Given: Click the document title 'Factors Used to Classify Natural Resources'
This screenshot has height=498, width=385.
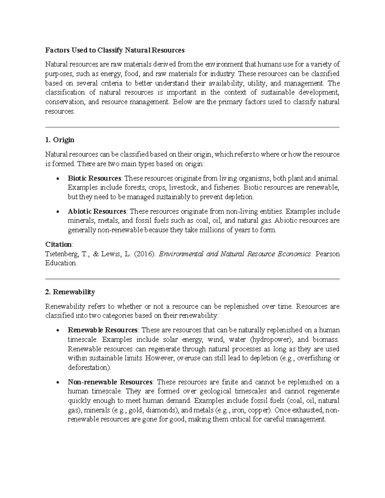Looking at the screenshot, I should click(x=115, y=50).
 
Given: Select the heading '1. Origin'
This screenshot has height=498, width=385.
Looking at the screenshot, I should click(x=60, y=140).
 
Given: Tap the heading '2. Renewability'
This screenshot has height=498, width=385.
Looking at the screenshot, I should click(x=70, y=292).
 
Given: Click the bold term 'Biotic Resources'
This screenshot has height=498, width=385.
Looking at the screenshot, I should click(x=94, y=178).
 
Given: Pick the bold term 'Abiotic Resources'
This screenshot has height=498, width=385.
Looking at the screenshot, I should click(x=97, y=211).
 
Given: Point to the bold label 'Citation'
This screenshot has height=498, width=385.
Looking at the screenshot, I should click(x=58, y=244).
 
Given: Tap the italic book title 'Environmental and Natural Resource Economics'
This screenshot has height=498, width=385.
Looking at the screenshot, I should click(x=235, y=254).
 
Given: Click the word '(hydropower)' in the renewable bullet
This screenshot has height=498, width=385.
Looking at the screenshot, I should click(x=271, y=340).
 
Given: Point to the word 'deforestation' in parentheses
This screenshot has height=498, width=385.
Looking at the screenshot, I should click(x=89, y=367).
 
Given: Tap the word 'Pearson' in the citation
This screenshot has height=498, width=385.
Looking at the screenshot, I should click(x=328, y=254).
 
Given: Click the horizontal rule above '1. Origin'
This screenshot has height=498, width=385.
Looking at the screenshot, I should click(x=192, y=127).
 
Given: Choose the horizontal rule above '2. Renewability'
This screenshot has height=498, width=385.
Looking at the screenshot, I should click(x=192, y=279).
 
